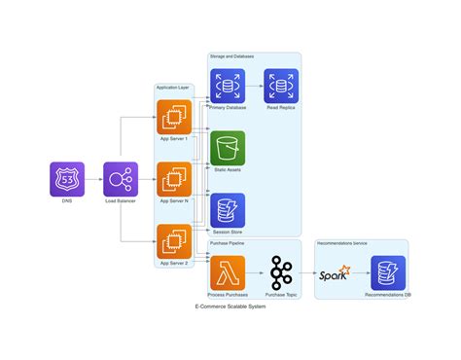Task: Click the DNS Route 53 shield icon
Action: coord(67,179)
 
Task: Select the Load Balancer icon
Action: coord(121,179)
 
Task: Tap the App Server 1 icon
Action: coord(175,116)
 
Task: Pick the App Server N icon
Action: coord(175,179)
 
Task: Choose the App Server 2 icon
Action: coord(175,242)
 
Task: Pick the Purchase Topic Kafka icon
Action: coord(281,273)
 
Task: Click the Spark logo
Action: coord(335,274)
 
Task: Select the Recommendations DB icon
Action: coord(388,273)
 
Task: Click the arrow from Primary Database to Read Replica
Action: coord(254,86)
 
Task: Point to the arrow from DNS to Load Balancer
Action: coord(93,179)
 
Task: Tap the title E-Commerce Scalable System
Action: coord(230,306)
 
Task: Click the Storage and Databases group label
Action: coord(232,57)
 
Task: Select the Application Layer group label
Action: coord(173,89)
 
